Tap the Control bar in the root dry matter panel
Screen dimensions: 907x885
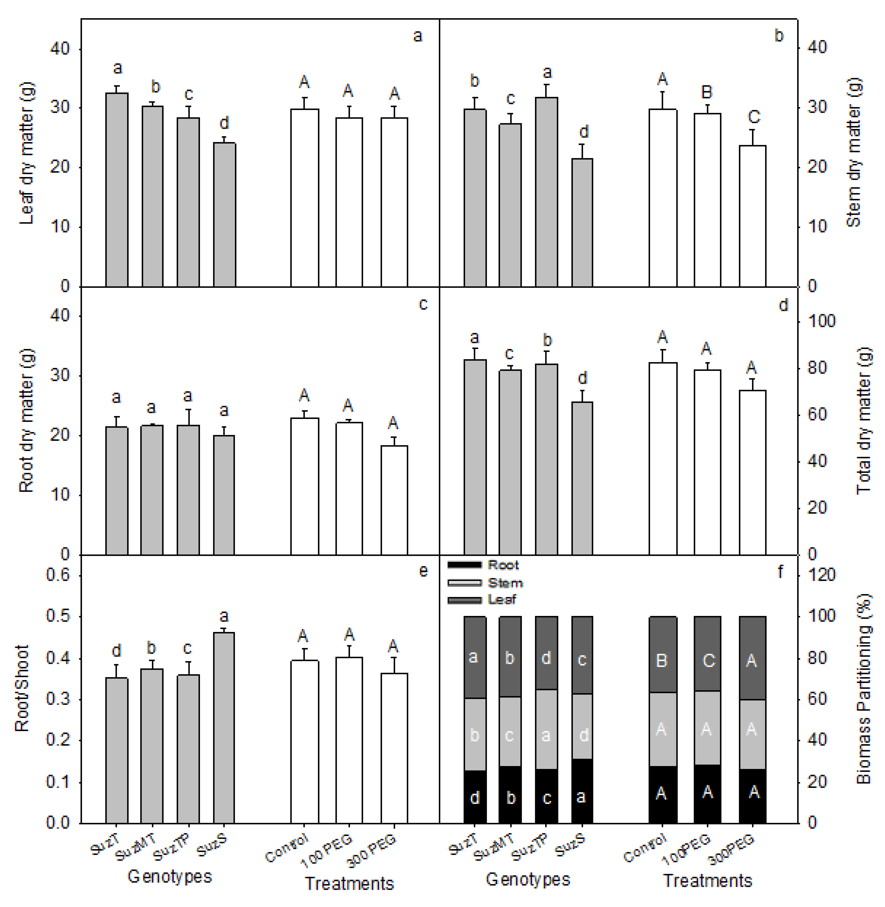[x=305, y=486]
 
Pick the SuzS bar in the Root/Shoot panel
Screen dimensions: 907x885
[x=224, y=728]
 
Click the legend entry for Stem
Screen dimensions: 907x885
[x=505, y=583]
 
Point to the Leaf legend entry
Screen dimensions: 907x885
[x=502, y=600]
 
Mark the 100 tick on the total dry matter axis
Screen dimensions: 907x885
[x=821, y=321]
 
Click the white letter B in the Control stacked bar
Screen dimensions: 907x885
[x=661, y=660]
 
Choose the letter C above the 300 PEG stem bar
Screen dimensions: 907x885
[x=754, y=117]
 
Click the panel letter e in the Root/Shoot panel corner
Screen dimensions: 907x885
[x=423, y=571]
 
